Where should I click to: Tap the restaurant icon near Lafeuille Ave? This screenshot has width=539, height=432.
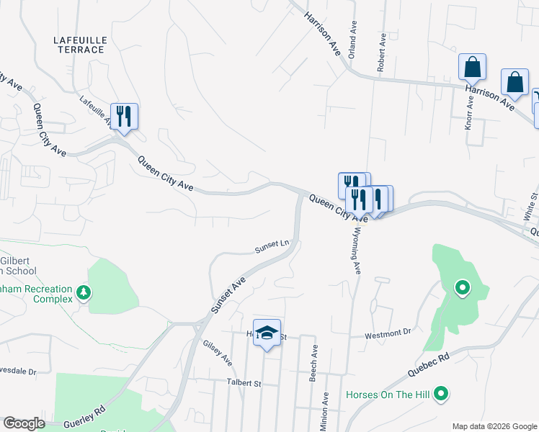pyautogui.click(x=124, y=115)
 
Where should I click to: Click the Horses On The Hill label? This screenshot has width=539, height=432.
pyautogui.click(x=389, y=395)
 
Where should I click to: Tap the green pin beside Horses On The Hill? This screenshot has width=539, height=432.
pyautogui.click(x=442, y=395)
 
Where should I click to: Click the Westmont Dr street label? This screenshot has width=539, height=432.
pyautogui.click(x=387, y=333)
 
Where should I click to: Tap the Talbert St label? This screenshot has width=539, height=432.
pyautogui.click(x=244, y=383)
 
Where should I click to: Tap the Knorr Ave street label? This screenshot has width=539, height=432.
pyautogui.click(x=469, y=114)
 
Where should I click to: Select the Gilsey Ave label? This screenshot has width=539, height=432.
pyautogui.click(x=217, y=352)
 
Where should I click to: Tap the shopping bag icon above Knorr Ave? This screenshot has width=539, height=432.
pyautogui.click(x=472, y=67)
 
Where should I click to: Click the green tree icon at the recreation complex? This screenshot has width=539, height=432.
pyautogui.click(x=84, y=293)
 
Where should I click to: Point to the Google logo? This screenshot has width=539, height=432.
pyautogui.click(x=24, y=423)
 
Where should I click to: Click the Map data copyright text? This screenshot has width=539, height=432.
pyautogui.click(x=494, y=426)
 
